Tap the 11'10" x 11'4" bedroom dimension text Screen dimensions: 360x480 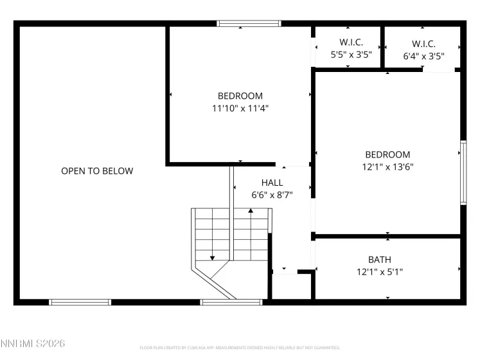click(240, 109)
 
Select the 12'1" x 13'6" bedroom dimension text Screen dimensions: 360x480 click(387, 167)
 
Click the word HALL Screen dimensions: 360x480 click(272, 183)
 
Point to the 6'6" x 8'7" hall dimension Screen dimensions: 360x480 click(272, 195)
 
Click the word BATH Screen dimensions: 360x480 click(379, 260)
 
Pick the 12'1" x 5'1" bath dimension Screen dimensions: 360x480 click(379, 272)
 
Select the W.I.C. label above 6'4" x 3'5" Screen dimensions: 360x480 click(423, 44)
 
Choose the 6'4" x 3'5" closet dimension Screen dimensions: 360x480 click(423, 56)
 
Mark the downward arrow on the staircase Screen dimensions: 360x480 click(212, 256)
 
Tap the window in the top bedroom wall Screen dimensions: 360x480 click(249, 24)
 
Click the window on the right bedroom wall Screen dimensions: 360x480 click(463, 172)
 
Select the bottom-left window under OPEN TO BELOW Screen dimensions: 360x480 click(80, 302)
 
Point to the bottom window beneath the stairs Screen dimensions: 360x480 click(231, 302)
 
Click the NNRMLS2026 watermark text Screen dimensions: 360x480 click(33, 345)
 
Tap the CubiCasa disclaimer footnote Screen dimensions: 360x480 click(240, 348)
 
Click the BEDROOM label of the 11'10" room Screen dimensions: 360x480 click(240, 96)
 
